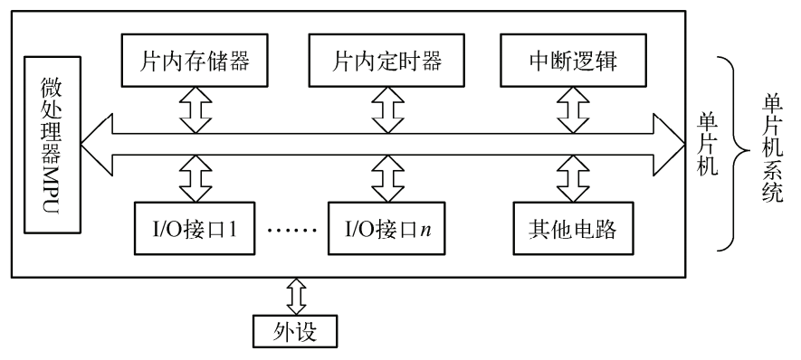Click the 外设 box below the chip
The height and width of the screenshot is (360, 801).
pyautogui.click(x=295, y=333)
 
